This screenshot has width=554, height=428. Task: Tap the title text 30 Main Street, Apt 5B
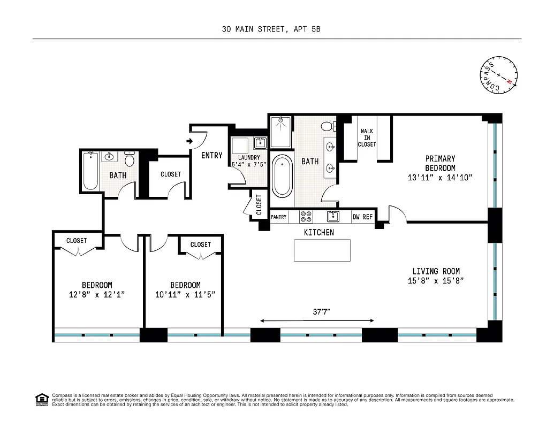tap(271, 29)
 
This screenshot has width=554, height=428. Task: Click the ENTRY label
tap(211, 156)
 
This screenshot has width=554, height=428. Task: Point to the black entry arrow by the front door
tap(189, 142)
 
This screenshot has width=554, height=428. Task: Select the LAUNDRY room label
tap(248, 157)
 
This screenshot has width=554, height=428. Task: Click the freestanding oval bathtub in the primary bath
tap(281, 175)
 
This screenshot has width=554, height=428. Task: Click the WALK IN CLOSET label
tap(367, 137)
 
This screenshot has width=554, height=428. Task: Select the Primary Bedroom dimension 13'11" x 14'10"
tap(439, 177)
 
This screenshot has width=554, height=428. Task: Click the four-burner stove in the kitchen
tap(306, 217)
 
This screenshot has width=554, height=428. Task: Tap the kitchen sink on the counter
tap(333, 217)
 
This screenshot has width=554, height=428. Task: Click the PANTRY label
tap(279, 217)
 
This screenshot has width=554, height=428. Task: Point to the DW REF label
tap(362, 217)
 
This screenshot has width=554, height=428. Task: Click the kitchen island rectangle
tap(322, 250)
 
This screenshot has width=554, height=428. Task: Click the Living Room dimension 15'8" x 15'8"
tap(435, 281)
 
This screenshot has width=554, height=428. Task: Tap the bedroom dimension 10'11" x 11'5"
tap(185, 295)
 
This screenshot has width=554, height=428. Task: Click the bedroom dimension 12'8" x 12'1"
tap(97, 295)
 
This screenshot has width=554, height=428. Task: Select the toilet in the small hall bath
tap(129, 159)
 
